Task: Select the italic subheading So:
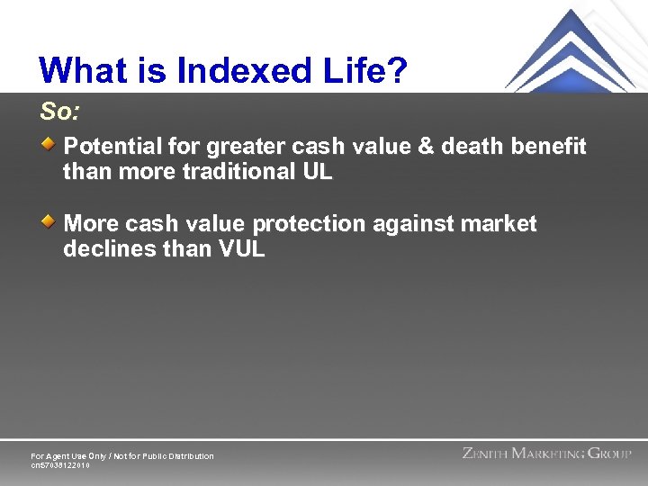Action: click(x=59, y=112)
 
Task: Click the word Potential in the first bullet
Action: click(x=113, y=146)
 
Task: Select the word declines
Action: click(x=103, y=249)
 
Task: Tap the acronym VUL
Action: click(x=241, y=249)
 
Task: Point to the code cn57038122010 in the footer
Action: click(x=60, y=465)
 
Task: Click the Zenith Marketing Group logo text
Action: click(x=546, y=454)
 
